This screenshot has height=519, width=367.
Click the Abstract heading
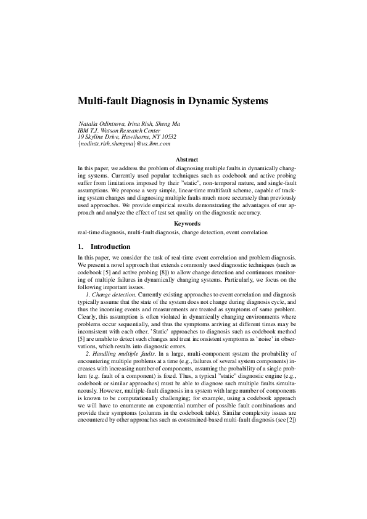pyautogui.click(x=187, y=160)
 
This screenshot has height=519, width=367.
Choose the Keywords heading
pyautogui.click(x=187, y=224)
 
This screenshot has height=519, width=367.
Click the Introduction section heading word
pyautogui.click(x=110, y=247)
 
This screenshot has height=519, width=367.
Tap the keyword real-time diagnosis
pyautogui.click(x=101, y=232)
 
